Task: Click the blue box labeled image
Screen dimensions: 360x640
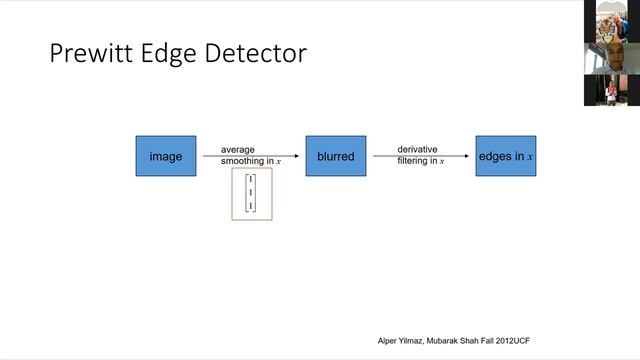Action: [166, 156]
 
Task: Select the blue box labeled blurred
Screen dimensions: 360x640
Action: [336, 156]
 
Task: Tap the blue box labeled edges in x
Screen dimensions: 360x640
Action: [505, 156]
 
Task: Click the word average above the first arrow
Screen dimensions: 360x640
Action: [238, 150]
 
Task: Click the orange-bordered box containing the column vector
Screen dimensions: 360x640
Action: [252, 194]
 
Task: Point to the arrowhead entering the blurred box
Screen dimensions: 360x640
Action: [297, 156]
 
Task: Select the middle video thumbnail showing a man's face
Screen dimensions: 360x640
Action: [612, 57]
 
